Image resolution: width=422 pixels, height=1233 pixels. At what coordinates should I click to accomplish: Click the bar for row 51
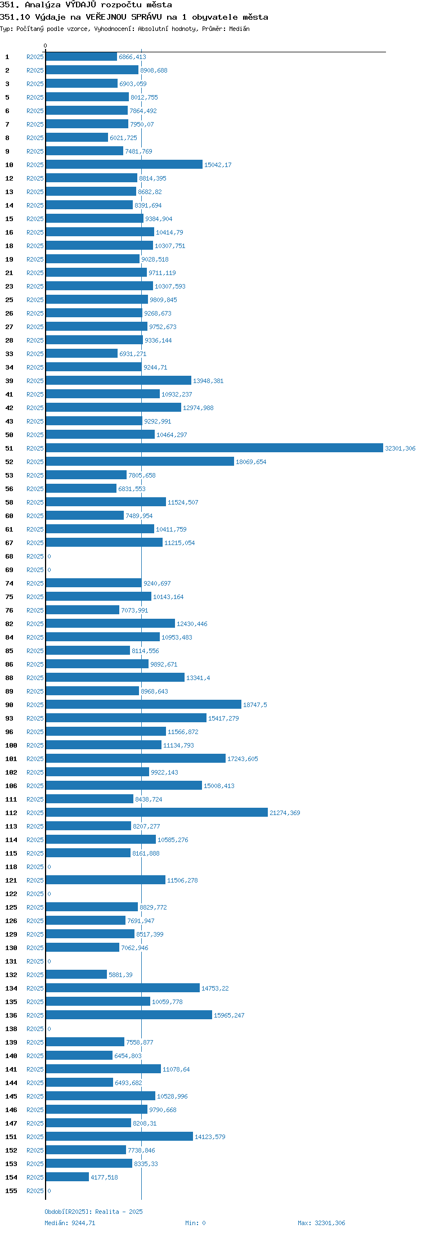214,448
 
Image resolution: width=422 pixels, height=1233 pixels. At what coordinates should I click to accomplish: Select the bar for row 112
156,812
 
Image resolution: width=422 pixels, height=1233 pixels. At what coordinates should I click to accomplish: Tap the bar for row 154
67,1177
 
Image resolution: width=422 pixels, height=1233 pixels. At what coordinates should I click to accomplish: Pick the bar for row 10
124,164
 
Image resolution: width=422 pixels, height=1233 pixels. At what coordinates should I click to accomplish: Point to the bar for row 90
143,704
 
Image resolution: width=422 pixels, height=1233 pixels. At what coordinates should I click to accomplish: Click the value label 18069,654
251,462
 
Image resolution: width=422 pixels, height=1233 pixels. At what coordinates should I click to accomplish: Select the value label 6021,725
123,138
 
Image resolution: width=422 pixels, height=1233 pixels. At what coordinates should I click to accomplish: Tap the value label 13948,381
208,381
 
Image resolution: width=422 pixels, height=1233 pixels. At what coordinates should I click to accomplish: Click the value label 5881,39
120,975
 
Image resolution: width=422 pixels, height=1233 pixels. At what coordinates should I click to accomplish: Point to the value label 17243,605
243,759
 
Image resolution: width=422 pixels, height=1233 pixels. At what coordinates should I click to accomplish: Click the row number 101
11,759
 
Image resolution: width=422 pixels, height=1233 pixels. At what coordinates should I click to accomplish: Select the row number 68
10,556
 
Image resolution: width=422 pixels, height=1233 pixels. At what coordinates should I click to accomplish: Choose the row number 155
11,1191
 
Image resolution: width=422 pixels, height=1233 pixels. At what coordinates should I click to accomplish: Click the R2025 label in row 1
35,57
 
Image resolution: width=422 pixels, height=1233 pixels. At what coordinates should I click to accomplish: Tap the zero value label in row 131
49,961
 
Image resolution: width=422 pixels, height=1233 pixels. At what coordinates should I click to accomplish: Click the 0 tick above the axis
46,46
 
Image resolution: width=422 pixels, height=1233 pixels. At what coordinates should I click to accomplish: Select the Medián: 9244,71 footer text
70,1223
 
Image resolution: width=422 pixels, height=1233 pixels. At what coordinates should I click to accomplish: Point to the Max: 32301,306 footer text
321,1223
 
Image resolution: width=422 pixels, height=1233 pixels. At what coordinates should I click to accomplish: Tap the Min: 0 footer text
195,1223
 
